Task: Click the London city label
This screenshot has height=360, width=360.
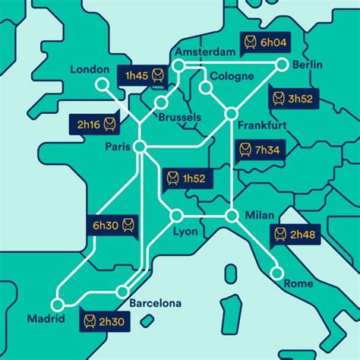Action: point(90,69)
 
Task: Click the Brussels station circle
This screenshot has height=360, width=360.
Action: point(160,103)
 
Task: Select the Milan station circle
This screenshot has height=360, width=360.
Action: point(232,216)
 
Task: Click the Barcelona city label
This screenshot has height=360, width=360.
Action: point(156,304)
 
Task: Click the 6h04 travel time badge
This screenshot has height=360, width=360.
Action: point(261,42)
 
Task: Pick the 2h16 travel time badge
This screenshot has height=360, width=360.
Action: point(96,123)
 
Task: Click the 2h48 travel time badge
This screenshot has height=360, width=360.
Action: point(295,234)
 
